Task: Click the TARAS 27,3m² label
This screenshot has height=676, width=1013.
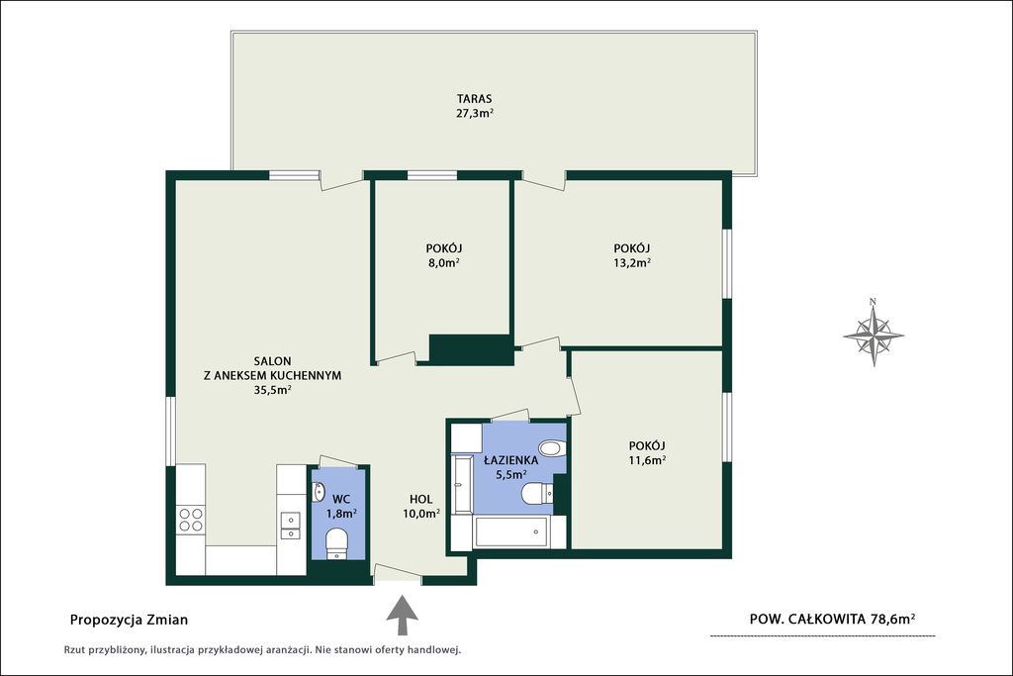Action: pos(475,106)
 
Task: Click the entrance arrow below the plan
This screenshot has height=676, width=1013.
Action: pos(402,616)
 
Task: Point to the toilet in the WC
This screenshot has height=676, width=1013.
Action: pos(336,542)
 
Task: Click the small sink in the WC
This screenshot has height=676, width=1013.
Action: pos(319,493)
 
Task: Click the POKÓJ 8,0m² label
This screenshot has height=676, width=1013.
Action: pos(444,255)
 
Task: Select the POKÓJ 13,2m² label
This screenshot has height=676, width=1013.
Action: pos(632,255)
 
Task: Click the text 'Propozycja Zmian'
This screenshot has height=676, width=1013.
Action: pos(129,620)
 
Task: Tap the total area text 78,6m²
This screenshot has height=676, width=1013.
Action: pos(893,619)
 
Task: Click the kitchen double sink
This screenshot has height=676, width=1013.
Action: pos(291,526)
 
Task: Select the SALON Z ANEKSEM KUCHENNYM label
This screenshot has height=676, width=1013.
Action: pos(273,375)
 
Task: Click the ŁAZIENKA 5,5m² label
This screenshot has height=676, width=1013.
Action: pos(511,468)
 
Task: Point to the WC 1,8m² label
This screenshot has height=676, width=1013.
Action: pos(341,507)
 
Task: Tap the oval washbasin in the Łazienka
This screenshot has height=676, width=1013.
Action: pos(552,448)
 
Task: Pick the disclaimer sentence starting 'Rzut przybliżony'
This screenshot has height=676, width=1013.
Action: pos(261,650)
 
